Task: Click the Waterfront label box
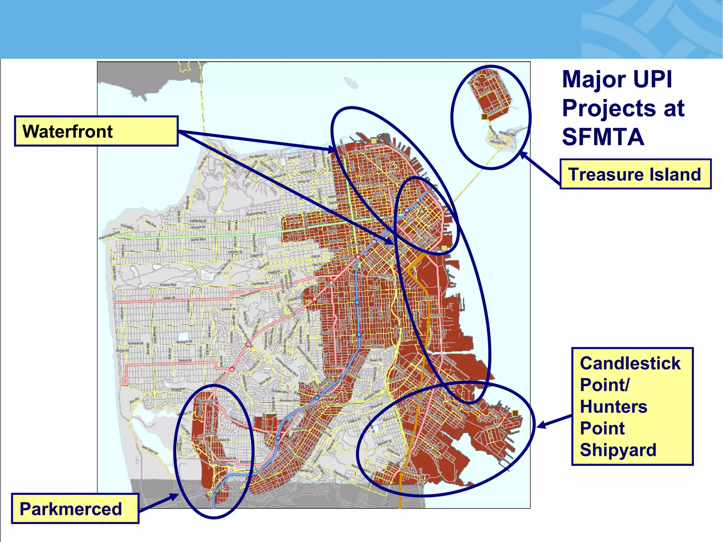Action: (96, 131)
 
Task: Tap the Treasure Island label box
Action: (635, 174)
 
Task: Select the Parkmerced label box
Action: (75, 509)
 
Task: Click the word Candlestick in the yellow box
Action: (630, 363)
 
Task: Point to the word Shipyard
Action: (618, 450)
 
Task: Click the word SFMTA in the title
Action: (603, 137)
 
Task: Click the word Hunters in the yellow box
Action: (614, 406)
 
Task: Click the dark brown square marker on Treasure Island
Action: (485, 116)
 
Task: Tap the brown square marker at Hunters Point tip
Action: (515, 413)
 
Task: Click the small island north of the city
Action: (351, 83)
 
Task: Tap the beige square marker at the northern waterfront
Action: (374, 141)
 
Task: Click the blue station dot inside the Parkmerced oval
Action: (217, 491)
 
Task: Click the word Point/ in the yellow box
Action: (604, 385)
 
